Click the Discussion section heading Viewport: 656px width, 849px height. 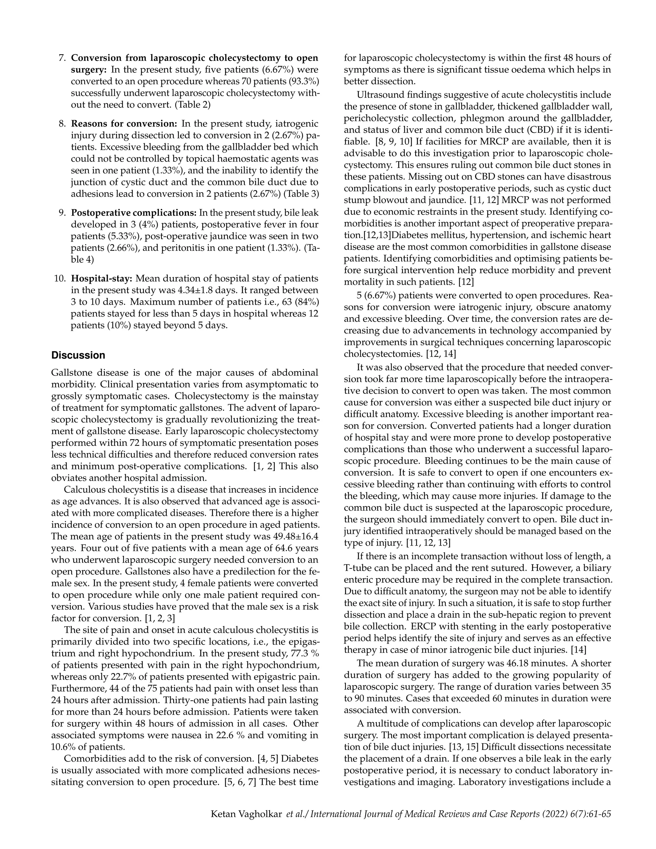coord(78,355)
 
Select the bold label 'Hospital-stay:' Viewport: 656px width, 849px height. coord(102,279)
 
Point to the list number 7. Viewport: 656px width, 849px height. coord(62,58)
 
